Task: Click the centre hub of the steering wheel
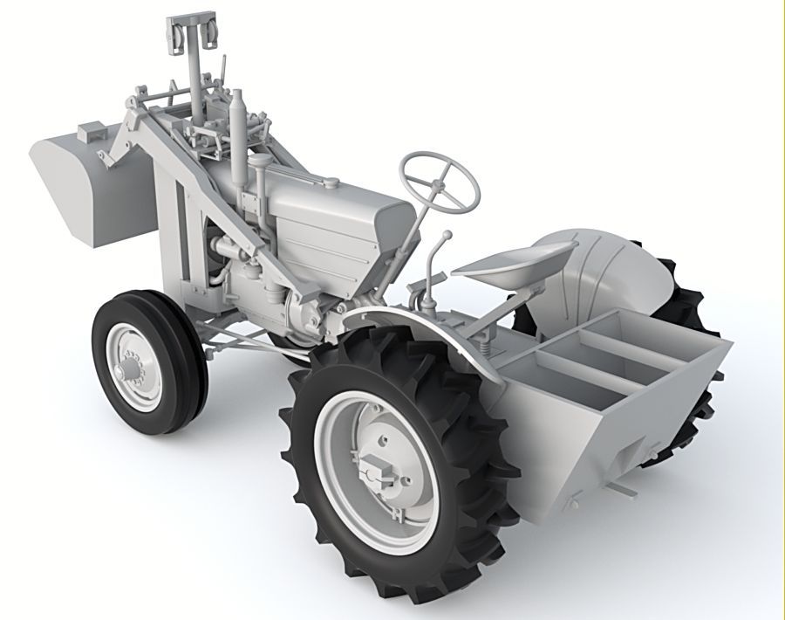pyautogui.click(x=440, y=183)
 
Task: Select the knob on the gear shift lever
pyautogui.click(x=447, y=235)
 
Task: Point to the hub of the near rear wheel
pyautogui.click(x=378, y=467)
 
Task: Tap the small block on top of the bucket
pyautogui.click(x=90, y=133)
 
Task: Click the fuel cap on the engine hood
pyautogui.click(x=331, y=183)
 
